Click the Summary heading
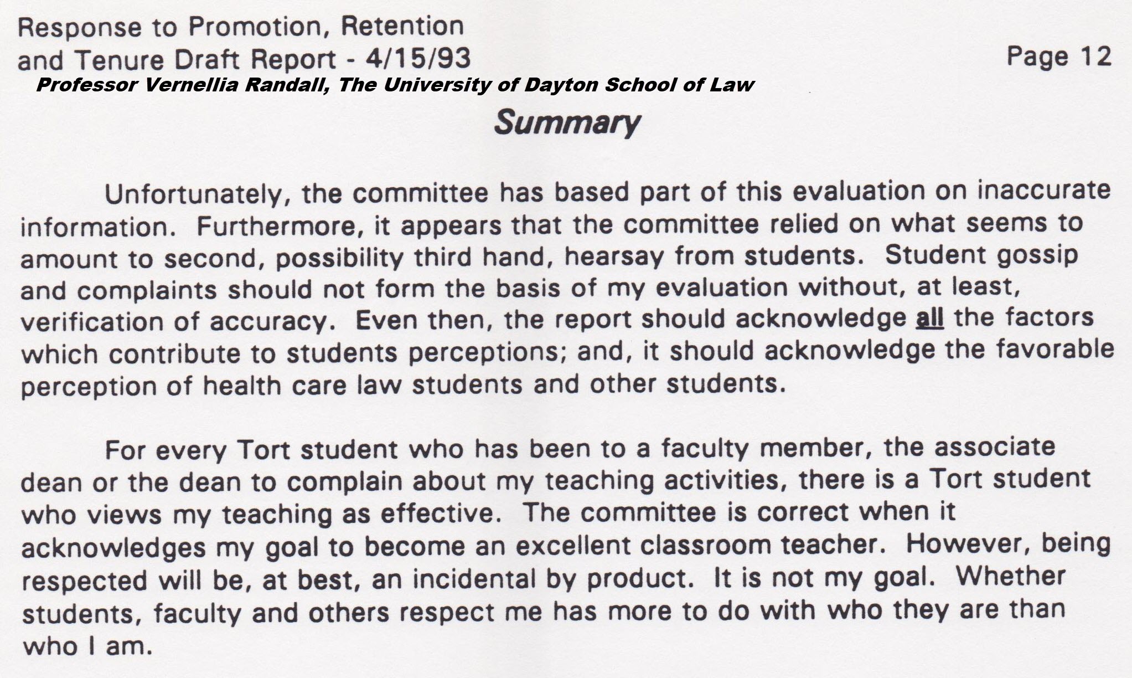pos(567,123)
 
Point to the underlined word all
pos(930,318)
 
